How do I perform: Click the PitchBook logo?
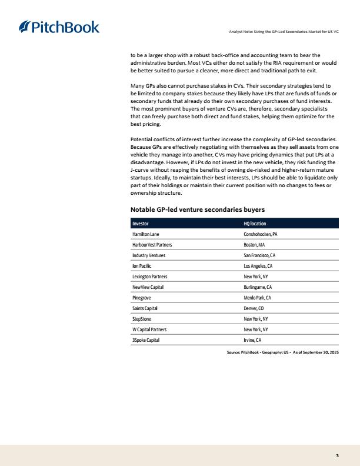click(59, 27)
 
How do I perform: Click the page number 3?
click(338, 455)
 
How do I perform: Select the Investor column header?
click(141, 224)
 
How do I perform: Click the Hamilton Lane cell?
click(146, 234)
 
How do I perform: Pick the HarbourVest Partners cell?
click(152, 245)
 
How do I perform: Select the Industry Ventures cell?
click(149, 255)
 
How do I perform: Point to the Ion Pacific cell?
click(142, 266)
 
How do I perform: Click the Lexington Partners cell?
click(150, 277)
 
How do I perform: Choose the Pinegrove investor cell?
click(142, 298)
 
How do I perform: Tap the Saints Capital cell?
click(145, 308)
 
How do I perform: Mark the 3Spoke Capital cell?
click(146, 340)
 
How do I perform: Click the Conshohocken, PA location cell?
click(261, 234)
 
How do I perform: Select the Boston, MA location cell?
click(254, 245)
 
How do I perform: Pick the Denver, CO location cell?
click(254, 308)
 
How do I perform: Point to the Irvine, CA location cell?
click(252, 340)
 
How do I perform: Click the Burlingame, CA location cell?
click(258, 287)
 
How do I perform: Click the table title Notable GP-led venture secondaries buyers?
click(198, 209)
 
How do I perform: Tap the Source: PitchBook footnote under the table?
click(282, 351)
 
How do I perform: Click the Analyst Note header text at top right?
click(284, 31)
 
